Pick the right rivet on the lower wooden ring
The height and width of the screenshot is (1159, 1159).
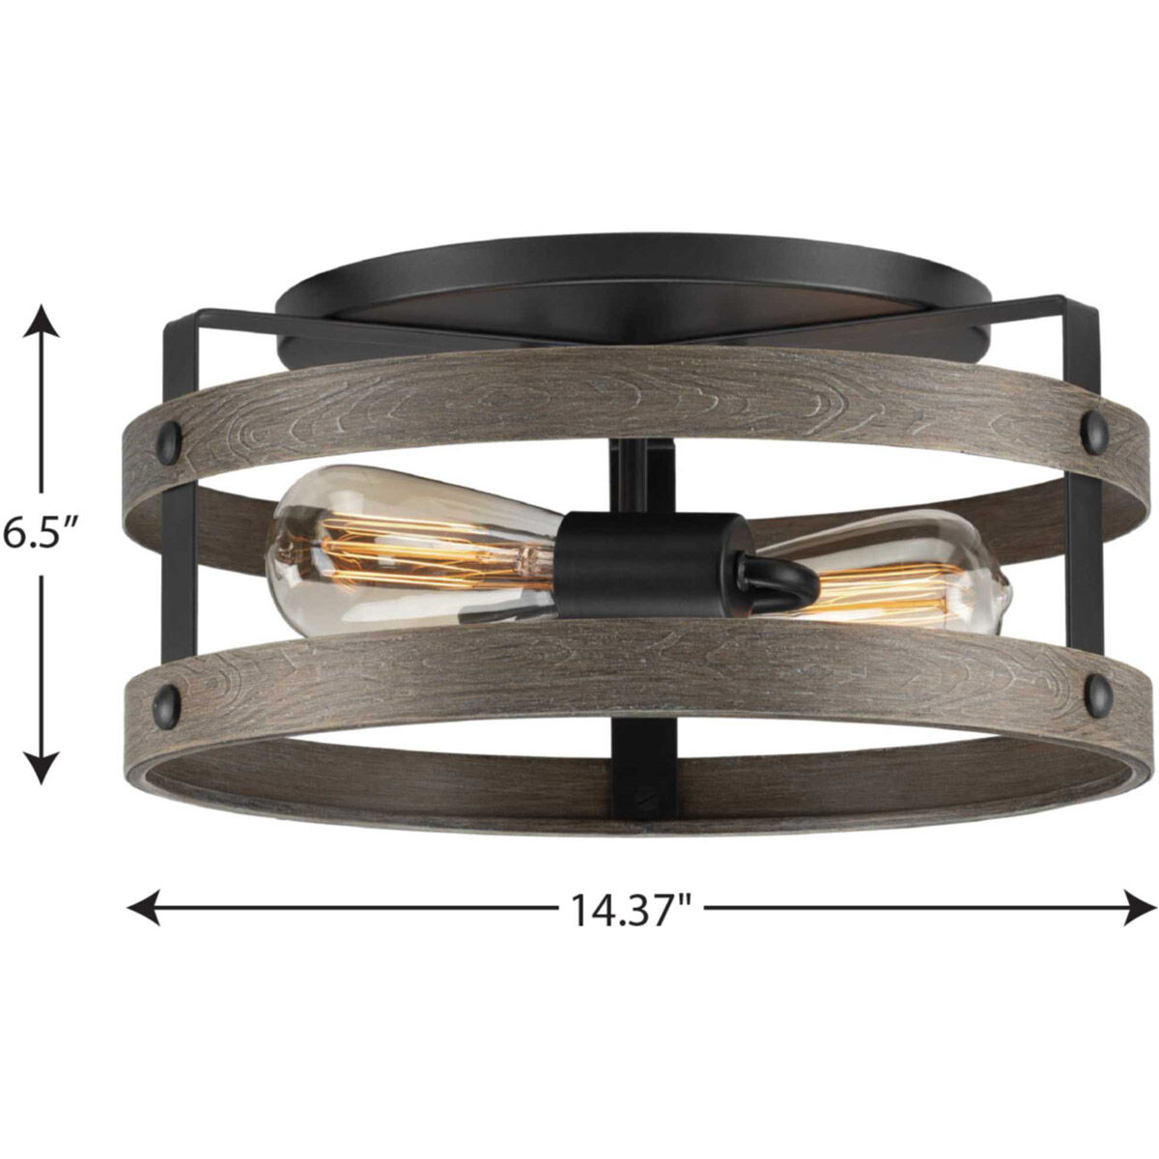[x=1097, y=687]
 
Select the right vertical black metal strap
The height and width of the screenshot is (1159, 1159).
[x=1080, y=541]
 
